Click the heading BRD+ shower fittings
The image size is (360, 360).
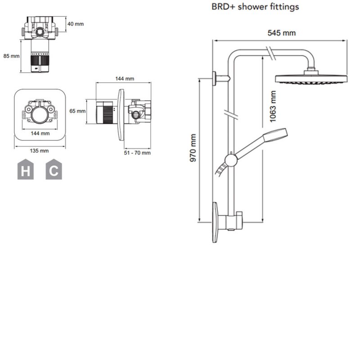255,7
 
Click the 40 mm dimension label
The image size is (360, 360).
76,24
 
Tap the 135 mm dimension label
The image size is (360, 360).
39,151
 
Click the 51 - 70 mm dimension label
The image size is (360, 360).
137,153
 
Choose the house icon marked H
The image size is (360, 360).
25,170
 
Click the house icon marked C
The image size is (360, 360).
54,170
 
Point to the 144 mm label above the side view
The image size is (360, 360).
125,79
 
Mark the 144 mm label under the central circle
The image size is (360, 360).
40,133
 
